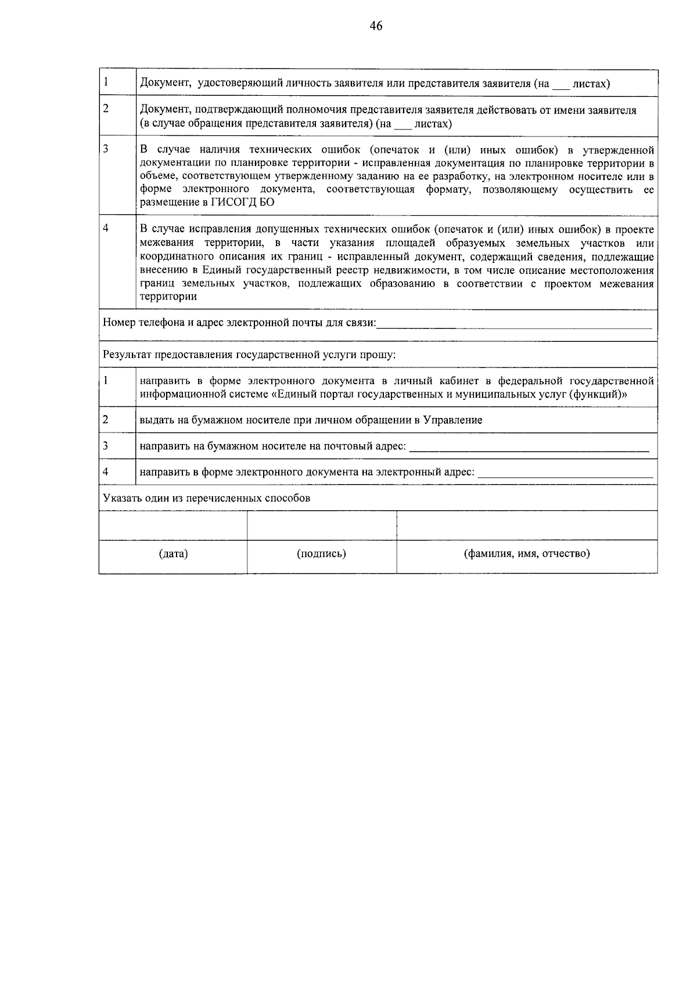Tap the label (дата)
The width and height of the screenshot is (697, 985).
click(x=173, y=554)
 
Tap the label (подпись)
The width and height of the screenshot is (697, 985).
click(x=321, y=554)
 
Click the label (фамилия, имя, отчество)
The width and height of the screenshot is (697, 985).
click(x=526, y=554)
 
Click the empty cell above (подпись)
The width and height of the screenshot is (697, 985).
click(x=322, y=526)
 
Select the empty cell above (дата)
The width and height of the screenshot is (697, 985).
click(x=173, y=526)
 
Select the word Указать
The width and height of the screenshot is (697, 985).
click(x=121, y=499)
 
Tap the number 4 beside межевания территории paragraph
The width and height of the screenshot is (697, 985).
click(x=106, y=229)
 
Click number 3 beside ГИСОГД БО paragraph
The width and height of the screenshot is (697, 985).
click(x=106, y=149)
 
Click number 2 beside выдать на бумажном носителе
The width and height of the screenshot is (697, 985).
click(x=106, y=420)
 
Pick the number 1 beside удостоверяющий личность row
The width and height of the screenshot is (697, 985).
click(x=106, y=82)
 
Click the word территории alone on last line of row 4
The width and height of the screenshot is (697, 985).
click(x=168, y=297)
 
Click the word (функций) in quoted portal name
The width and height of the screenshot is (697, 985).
click(x=600, y=395)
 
